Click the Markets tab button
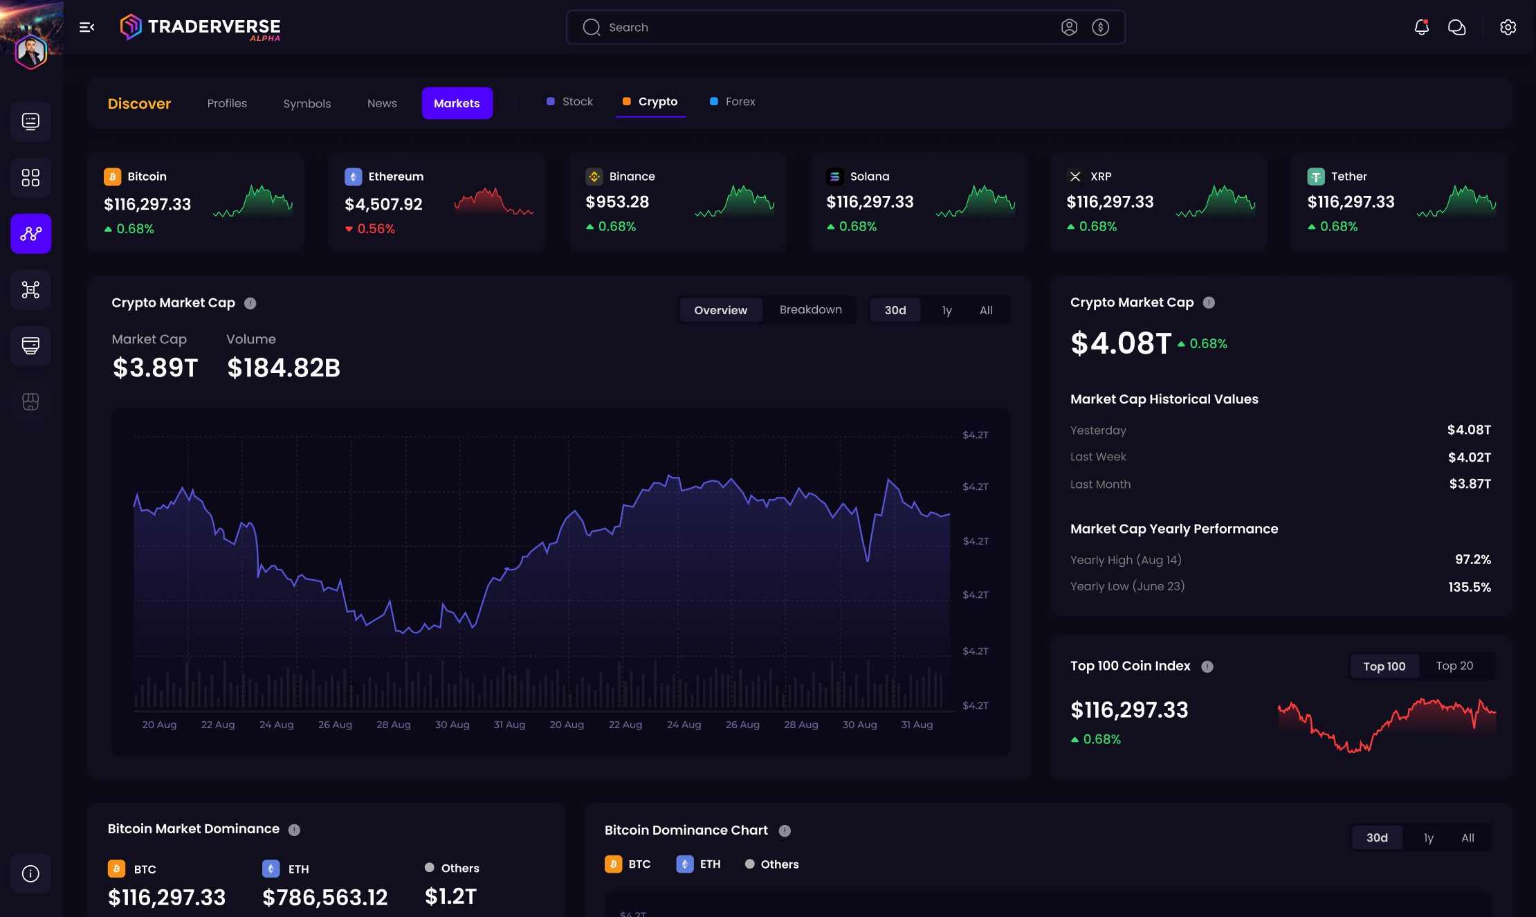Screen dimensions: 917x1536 pos(457,103)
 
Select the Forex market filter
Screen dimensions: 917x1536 pos(740,102)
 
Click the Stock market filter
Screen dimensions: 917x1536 pos(577,102)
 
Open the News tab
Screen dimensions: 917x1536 pos(382,103)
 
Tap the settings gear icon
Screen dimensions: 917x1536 pos(1508,27)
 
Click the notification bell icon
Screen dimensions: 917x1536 pos(1421,27)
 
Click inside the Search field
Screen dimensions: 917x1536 pos(816,28)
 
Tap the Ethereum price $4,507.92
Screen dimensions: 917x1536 pos(383,204)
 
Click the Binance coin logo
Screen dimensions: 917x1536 pos(594,176)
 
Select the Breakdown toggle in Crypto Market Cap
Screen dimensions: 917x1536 pos(810,309)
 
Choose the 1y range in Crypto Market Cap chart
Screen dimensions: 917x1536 pos(947,310)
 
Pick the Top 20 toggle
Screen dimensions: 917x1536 pos(1454,666)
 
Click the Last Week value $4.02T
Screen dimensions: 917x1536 pos(1469,457)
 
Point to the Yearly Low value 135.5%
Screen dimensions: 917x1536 pos(1469,587)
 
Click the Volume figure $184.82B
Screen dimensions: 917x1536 pos(284,367)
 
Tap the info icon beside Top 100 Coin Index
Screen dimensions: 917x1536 pos(1207,666)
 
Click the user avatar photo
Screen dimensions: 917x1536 pos(31,51)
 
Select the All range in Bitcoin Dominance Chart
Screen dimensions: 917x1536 pos(1468,837)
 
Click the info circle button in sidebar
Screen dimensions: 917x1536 pos(30,873)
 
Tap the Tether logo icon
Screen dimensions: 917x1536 pos(1315,176)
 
